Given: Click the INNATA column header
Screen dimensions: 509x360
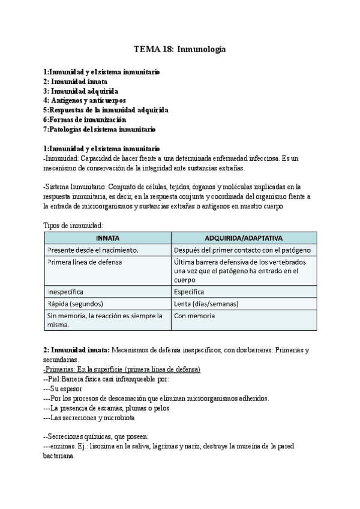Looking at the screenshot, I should tap(107, 238).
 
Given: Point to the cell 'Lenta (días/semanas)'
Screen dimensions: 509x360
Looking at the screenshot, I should tap(206, 304).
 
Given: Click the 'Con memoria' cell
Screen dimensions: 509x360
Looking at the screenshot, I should tap(194, 316).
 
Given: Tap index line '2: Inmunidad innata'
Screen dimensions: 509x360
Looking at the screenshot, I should tap(75, 81).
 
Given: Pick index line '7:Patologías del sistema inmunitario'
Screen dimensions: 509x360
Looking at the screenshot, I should tap(100, 129).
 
